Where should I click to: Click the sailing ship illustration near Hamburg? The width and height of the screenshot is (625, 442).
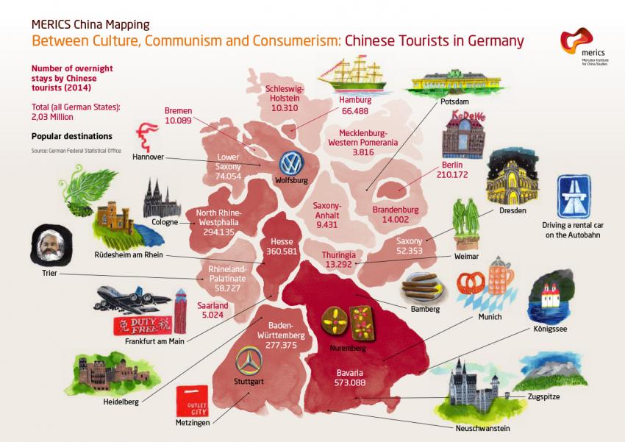tap(357, 76)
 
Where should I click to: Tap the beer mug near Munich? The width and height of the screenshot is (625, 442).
tap(500, 275)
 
